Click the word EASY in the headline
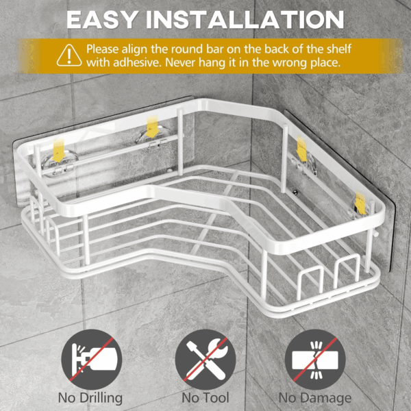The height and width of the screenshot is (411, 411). coord(102,20)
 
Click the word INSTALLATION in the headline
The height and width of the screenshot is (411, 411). coord(245,20)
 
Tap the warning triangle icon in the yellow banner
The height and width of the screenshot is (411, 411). coord(69,55)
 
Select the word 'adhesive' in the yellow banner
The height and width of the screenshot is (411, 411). coord(136,62)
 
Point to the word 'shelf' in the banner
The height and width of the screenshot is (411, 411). coord(338,49)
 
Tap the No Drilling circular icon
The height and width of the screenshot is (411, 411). coord(92,360)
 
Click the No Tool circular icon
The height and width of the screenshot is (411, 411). coord(206,360)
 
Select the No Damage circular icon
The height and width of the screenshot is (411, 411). coord(315,360)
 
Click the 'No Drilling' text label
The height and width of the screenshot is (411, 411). coord(90,398)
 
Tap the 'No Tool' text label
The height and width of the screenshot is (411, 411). coord(206,397)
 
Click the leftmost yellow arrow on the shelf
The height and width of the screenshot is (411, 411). coord(58,151)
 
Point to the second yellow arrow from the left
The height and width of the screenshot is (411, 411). coord(152,127)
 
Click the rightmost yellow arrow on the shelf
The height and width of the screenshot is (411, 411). coord(360,203)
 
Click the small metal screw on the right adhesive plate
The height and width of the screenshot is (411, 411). coord(296,192)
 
